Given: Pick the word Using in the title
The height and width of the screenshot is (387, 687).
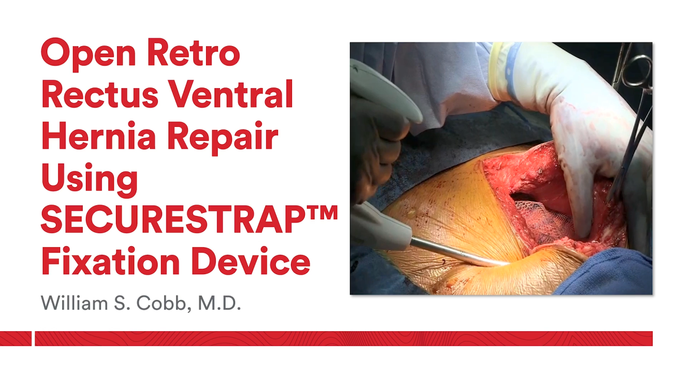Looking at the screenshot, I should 89,180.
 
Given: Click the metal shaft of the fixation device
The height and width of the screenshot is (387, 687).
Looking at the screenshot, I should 456,253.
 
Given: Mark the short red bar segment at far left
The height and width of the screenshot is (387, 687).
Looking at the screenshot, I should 16,339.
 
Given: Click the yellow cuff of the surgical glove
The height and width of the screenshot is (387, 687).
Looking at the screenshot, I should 502,70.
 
